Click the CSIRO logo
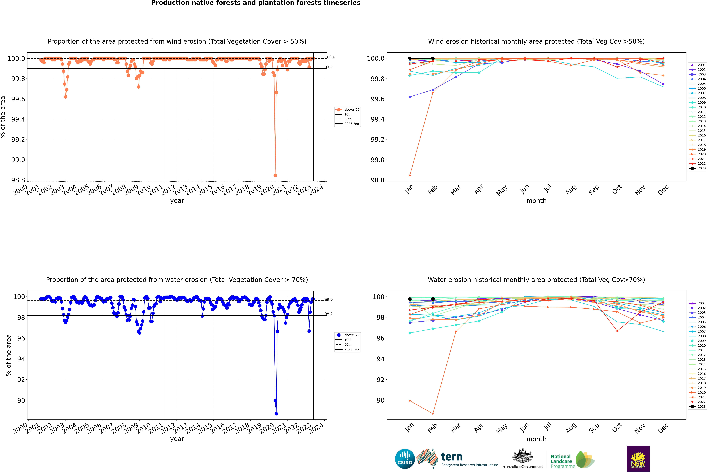(405, 459)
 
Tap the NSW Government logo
(638, 459)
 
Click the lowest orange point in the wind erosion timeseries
(275, 175)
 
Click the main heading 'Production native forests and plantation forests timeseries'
(256, 3)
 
